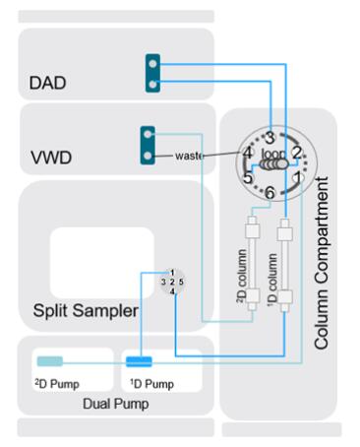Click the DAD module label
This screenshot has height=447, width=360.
tap(47, 83)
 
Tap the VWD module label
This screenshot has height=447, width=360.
tap(51, 158)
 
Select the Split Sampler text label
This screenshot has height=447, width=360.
tap(86, 310)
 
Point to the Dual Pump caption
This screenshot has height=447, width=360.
tap(115, 404)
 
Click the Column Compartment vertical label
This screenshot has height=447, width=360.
tap(321, 263)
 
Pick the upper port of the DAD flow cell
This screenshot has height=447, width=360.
tap(152, 64)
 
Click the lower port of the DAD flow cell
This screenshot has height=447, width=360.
tap(152, 85)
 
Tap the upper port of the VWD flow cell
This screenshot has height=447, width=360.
tap(148, 134)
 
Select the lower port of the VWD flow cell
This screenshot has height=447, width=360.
tap(148, 156)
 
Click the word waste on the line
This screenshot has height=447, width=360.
tap(189, 156)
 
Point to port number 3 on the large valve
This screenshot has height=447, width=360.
tap(270, 138)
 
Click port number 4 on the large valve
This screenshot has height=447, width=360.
tap(248, 153)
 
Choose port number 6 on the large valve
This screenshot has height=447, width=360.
tap(270, 192)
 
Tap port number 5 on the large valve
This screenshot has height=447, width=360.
tap(248, 177)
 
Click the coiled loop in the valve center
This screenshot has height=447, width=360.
tap(273, 164)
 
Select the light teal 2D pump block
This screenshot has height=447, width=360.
tap(50, 361)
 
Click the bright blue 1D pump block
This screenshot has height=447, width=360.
tap(139, 361)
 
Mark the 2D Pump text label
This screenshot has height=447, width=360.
tap(57, 384)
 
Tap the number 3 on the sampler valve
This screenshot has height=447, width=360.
tap(163, 282)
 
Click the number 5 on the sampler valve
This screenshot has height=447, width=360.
tap(181, 282)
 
